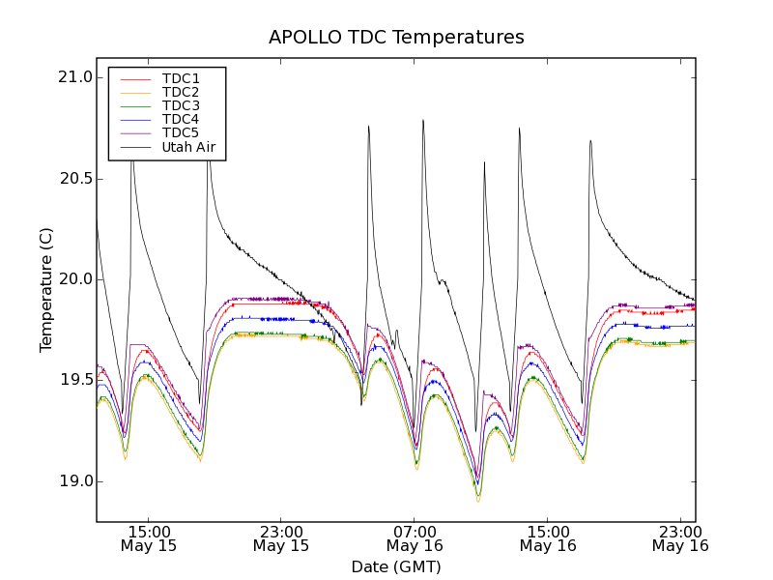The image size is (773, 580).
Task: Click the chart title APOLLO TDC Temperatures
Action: click(x=396, y=38)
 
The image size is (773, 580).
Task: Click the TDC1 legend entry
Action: click(x=181, y=78)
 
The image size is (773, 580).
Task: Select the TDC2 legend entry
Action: click(x=181, y=92)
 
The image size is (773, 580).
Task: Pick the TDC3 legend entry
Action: click(x=181, y=105)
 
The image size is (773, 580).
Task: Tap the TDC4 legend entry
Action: click(x=181, y=119)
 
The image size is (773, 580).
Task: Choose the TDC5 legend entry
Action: click(x=181, y=132)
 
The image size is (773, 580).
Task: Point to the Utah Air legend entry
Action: click(x=188, y=148)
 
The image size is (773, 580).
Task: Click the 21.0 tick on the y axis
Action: click(x=74, y=77)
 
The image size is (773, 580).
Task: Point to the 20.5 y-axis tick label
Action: click(x=74, y=179)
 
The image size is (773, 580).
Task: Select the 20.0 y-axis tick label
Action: click(x=74, y=279)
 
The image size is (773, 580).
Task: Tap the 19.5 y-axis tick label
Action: click(x=74, y=380)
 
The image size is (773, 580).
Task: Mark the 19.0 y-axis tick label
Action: click(x=74, y=481)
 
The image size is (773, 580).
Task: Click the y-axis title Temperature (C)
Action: click(x=46, y=290)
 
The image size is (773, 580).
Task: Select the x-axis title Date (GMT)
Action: click(x=396, y=566)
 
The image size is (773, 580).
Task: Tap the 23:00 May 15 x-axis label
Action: click(x=281, y=538)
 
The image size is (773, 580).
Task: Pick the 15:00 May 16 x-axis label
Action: click(x=547, y=538)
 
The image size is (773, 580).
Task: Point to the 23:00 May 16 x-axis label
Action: click(x=680, y=538)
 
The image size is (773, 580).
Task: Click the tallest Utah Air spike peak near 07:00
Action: click(x=423, y=121)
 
